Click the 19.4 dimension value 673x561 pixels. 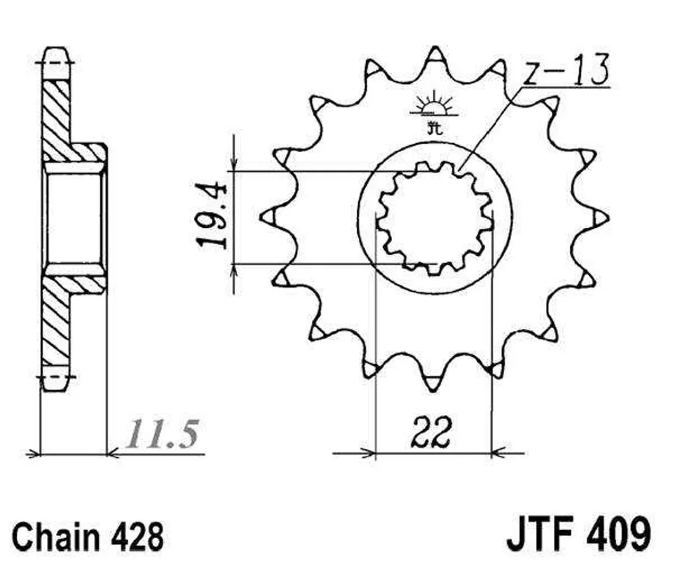(x=212, y=216)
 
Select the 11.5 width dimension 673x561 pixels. (x=164, y=434)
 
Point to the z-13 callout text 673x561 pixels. (x=566, y=69)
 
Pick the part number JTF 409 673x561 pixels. (x=579, y=534)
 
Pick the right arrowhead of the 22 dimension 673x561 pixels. (x=498, y=452)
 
